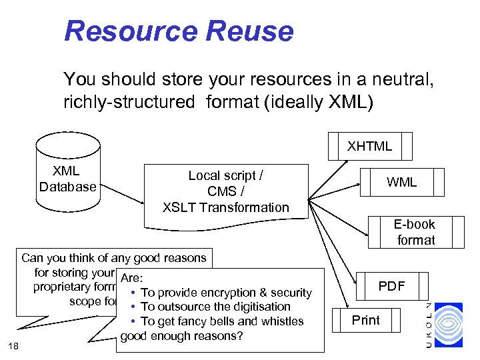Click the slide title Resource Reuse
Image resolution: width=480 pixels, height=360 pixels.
pyautogui.click(x=178, y=31)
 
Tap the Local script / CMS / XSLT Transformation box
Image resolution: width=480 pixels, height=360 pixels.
pyautogui.click(x=226, y=192)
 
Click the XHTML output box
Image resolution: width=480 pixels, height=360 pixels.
pyautogui.click(x=369, y=146)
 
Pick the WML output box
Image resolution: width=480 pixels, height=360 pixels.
pyautogui.click(x=402, y=182)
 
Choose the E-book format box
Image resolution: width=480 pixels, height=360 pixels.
pyautogui.click(x=415, y=232)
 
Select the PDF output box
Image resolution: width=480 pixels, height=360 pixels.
pyautogui.click(x=391, y=286)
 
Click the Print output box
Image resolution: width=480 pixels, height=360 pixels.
pyautogui.click(x=365, y=320)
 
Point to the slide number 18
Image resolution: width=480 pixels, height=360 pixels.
pyautogui.click(x=14, y=344)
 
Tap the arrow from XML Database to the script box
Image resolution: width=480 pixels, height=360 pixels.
pyautogui.click(x=124, y=195)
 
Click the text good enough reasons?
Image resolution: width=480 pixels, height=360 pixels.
pyautogui.click(x=181, y=335)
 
